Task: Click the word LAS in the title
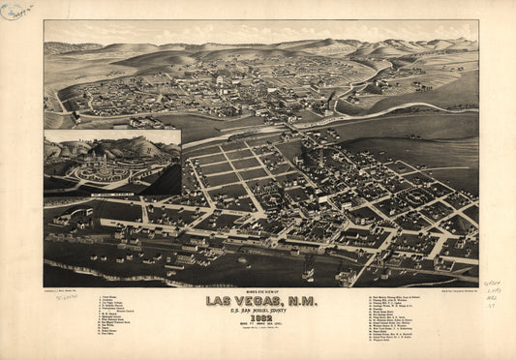(x=219, y=301)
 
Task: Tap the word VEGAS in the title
(x=255, y=301)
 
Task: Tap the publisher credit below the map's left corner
(x=63, y=288)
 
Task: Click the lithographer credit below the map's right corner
(x=456, y=288)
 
